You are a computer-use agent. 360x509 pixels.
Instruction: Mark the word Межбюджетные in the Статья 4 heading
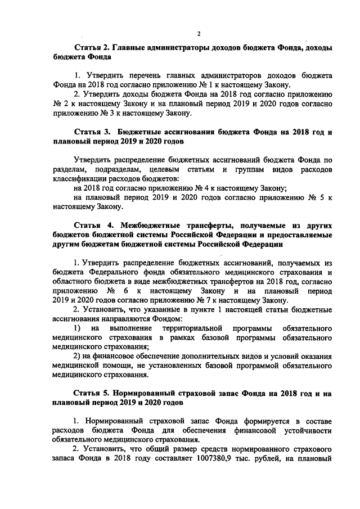pos(152,224)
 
